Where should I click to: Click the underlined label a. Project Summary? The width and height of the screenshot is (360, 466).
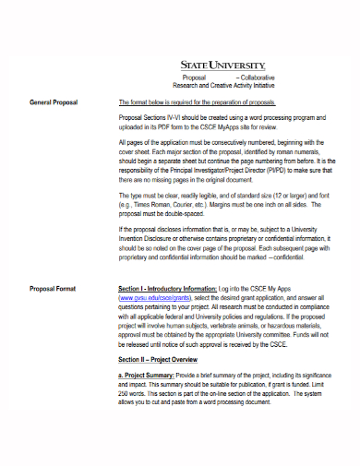point(151,376)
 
